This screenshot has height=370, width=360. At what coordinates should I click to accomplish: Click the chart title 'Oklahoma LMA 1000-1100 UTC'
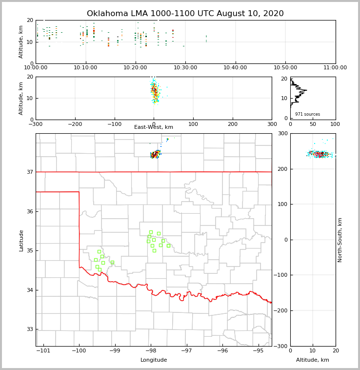[185, 14]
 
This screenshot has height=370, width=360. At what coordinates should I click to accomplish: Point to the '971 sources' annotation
[307, 114]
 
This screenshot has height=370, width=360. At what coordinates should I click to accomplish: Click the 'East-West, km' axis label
[154, 127]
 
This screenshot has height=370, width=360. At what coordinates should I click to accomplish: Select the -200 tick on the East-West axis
[75, 124]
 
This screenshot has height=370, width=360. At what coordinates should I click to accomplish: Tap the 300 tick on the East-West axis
[272, 124]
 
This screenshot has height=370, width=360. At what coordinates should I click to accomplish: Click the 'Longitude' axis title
[154, 360]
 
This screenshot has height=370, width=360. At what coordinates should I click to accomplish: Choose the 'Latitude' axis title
[21, 240]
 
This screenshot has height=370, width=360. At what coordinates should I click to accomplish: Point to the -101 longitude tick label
[43, 350]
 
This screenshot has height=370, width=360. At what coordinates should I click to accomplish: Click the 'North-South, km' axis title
[340, 240]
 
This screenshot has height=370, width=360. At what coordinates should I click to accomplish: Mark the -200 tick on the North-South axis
[281, 310]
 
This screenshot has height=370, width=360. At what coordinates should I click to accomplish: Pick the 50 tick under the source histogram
[313, 124]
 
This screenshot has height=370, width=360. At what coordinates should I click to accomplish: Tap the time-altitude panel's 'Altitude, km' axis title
[21, 41]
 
